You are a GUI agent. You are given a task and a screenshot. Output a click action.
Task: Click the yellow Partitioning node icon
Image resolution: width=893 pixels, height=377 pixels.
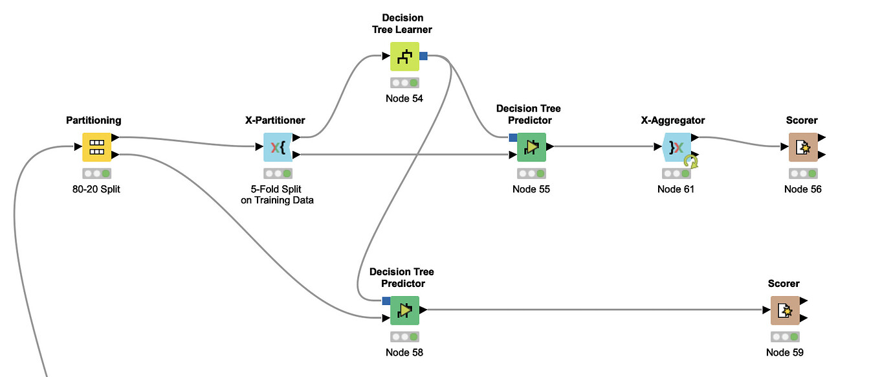pos(96,147)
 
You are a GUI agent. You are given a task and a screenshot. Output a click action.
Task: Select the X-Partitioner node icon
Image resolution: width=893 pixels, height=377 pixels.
pos(278,147)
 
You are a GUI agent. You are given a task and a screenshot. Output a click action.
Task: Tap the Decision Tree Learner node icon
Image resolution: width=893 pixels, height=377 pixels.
pos(404,56)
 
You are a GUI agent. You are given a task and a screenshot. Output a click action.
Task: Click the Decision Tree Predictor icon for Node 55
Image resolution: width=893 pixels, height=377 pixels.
pos(531,147)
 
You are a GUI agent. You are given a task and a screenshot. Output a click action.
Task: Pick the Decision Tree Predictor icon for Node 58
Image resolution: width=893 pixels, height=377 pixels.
pos(404,310)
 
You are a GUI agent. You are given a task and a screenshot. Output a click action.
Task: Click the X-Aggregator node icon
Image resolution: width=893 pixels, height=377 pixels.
pos(676,147)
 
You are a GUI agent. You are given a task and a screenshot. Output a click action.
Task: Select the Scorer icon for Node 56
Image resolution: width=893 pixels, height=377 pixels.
pos(803,147)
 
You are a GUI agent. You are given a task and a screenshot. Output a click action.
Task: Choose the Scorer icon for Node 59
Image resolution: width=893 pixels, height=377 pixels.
pos(785,310)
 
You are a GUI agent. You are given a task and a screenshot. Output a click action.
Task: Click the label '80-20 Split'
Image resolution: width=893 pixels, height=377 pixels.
pos(96,189)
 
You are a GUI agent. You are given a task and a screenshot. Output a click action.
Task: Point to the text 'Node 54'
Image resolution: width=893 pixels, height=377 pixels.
pos(404,98)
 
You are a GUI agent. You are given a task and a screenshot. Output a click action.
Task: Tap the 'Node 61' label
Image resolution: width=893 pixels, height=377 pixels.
pos(676,189)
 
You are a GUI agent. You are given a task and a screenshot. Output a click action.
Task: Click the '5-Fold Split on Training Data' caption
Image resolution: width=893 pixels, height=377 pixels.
pos(278,194)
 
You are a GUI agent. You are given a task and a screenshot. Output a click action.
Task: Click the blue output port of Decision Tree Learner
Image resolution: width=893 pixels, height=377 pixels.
pos(423,56)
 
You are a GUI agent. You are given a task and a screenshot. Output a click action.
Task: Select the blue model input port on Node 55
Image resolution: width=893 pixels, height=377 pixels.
pos(513,137)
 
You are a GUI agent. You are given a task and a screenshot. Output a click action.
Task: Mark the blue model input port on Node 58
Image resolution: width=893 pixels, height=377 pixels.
pos(386,301)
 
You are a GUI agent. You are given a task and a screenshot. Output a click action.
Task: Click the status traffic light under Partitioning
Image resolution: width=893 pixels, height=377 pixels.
pos(96,174)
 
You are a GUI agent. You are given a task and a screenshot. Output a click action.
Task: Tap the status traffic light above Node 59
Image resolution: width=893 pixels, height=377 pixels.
pos(785,337)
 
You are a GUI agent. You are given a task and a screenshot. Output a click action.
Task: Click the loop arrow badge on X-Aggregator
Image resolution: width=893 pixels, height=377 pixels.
pos(693,161)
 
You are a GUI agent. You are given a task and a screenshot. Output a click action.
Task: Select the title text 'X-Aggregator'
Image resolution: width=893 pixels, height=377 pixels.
pos(676,120)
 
